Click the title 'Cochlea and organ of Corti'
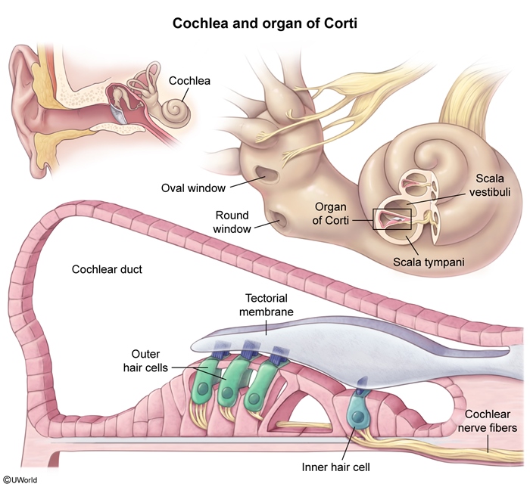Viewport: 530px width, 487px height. [x=265, y=23]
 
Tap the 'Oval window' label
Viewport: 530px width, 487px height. [x=193, y=186]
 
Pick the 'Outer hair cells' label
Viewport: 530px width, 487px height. [x=154, y=360]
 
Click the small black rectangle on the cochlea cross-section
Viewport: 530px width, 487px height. [x=392, y=219]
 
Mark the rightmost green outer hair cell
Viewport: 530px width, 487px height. [x=262, y=376]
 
